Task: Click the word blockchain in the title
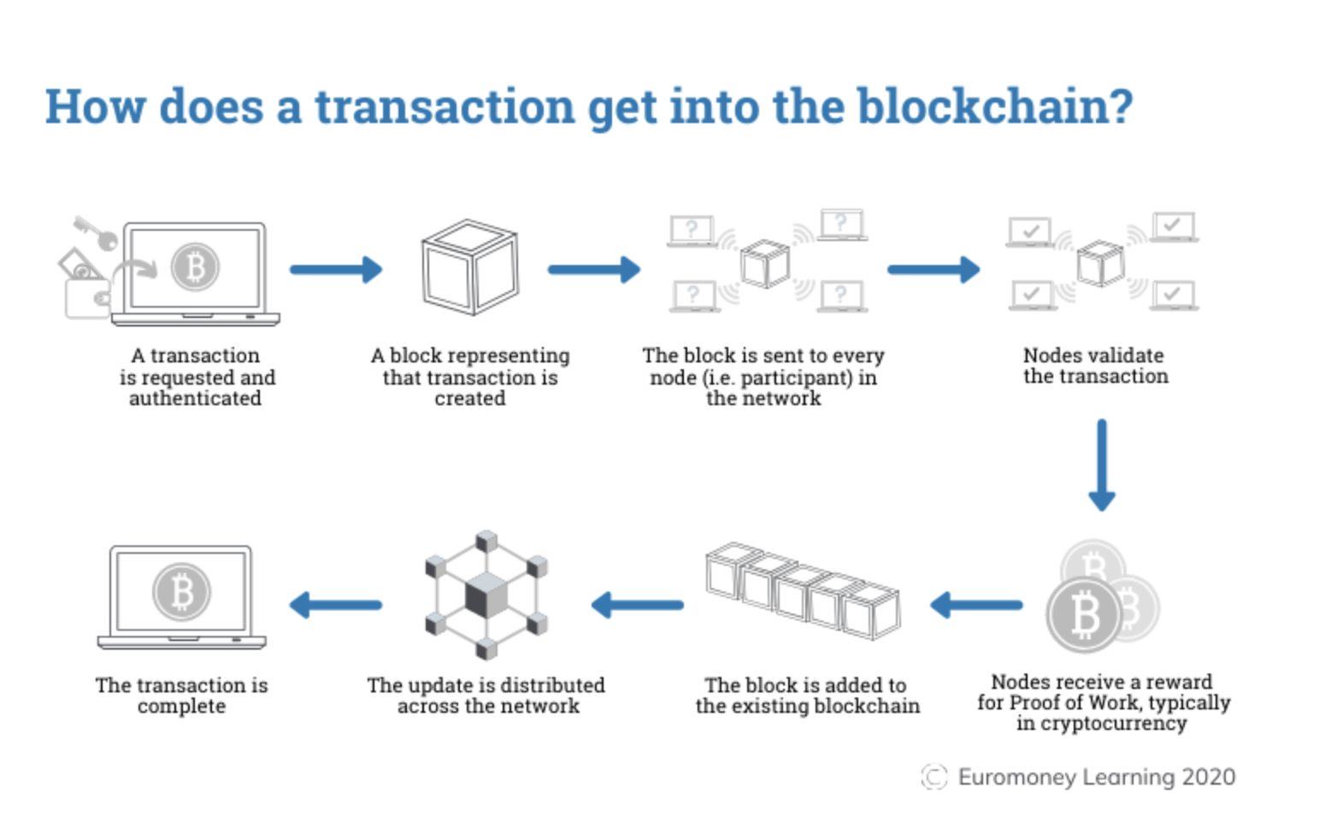coord(995,107)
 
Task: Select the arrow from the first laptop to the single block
coord(335,269)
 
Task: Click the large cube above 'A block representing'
coord(469,268)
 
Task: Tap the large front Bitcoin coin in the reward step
coord(1083,615)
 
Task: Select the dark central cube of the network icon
coord(486,595)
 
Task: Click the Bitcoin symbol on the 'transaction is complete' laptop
coord(181,592)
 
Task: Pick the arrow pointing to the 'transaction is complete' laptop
coord(335,605)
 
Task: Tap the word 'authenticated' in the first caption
coord(195,398)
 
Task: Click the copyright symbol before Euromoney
coord(934,776)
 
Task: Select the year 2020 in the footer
coord(1209,776)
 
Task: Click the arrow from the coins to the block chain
coord(975,605)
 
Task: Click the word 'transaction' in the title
coord(445,107)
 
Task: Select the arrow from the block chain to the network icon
coord(637,605)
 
